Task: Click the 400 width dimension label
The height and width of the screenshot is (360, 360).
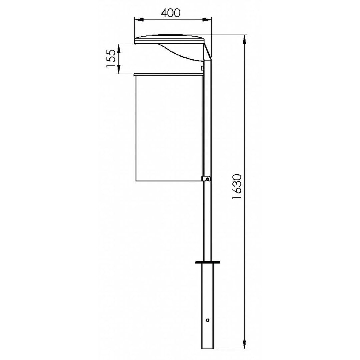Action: [171, 13]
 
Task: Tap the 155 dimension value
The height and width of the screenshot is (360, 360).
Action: [111, 59]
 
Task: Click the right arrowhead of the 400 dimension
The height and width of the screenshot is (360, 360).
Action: [207, 20]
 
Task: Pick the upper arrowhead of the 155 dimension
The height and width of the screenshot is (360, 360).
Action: [119, 48]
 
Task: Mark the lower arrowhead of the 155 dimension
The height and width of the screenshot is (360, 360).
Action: [119, 69]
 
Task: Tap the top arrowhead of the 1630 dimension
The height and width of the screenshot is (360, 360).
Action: [245, 39]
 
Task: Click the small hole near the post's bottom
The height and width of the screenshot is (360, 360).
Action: [208, 320]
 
